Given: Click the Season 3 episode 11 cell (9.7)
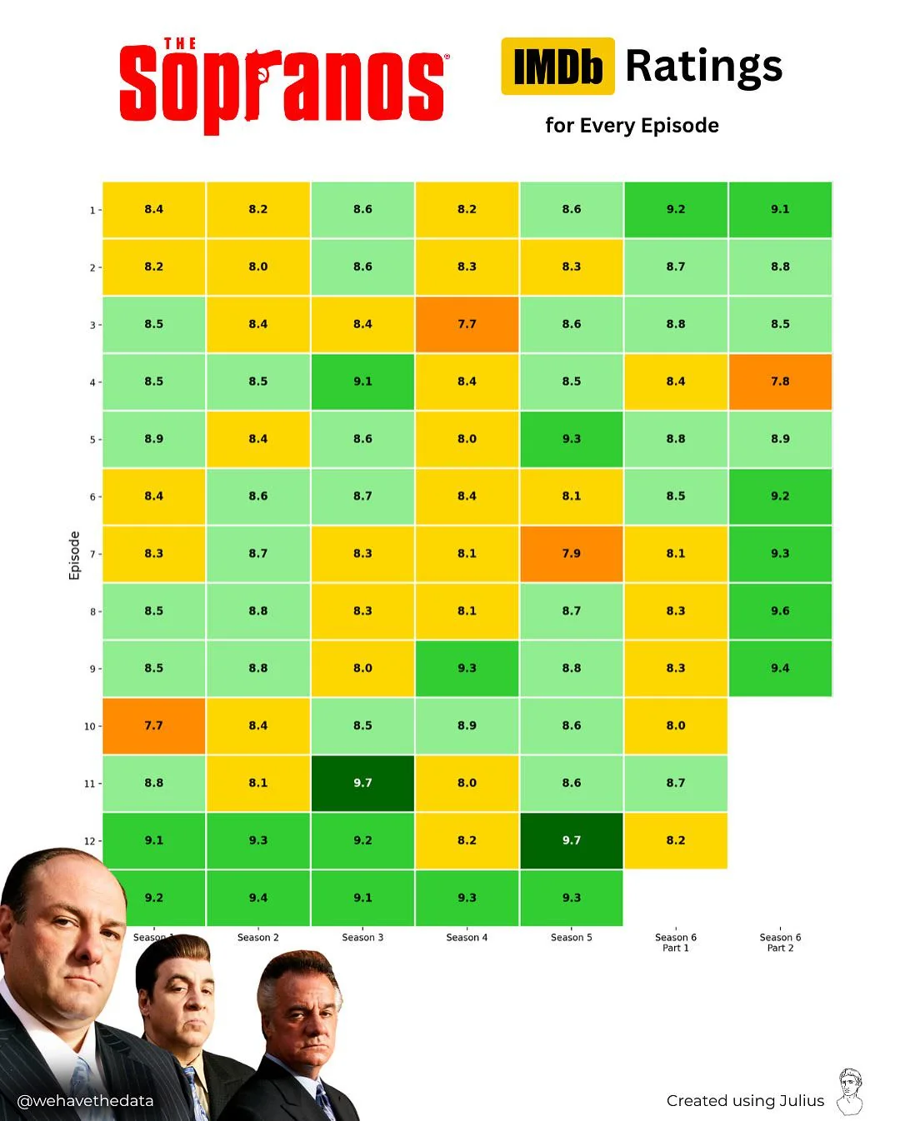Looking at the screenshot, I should tap(362, 783).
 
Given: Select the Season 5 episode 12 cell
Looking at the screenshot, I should tap(572, 840).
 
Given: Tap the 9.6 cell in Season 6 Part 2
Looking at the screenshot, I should tap(780, 610).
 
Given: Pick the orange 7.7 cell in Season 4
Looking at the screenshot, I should tap(467, 324).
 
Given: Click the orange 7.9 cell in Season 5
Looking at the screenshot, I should tap(572, 553).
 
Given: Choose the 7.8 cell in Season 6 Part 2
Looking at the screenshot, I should tap(780, 381).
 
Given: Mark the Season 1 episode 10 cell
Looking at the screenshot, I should tap(154, 725).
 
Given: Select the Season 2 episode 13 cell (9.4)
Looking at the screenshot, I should tap(258, 898).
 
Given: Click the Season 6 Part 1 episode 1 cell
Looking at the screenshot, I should tap(676, 209).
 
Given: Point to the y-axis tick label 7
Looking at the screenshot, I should tap(92, 555).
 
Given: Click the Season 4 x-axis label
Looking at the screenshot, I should tap(467, 938).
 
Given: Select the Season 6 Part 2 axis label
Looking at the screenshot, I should tap(780, 943).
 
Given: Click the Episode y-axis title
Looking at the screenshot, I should tap(75, 556).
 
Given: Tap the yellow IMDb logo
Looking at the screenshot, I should tap(557, 67).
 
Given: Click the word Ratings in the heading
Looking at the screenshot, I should tap(704, 67).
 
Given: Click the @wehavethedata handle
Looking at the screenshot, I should tap(85, 1101).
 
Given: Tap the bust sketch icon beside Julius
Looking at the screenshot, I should tap(850, 1092).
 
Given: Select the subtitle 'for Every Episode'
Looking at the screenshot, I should tap(632, 126).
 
